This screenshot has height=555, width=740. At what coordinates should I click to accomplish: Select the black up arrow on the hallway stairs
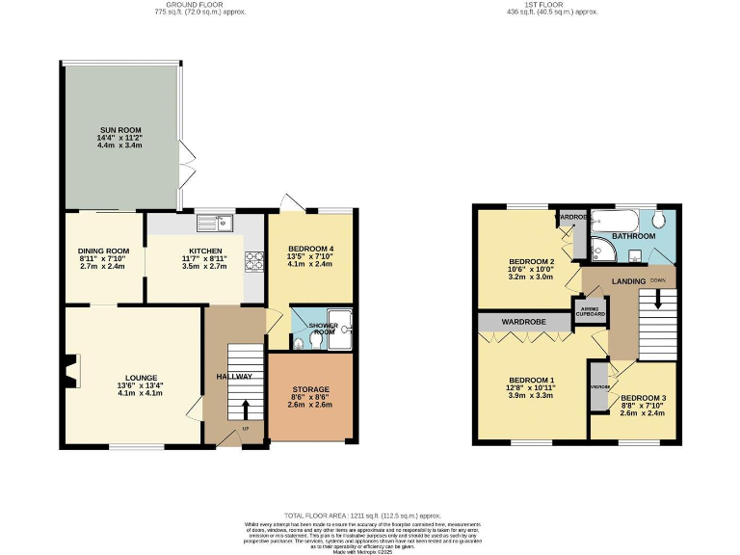(x=244, y=408)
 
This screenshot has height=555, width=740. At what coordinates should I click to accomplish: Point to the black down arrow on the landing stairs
(x=659, y=298)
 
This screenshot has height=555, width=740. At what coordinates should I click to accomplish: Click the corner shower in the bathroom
(x=602, y=250)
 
